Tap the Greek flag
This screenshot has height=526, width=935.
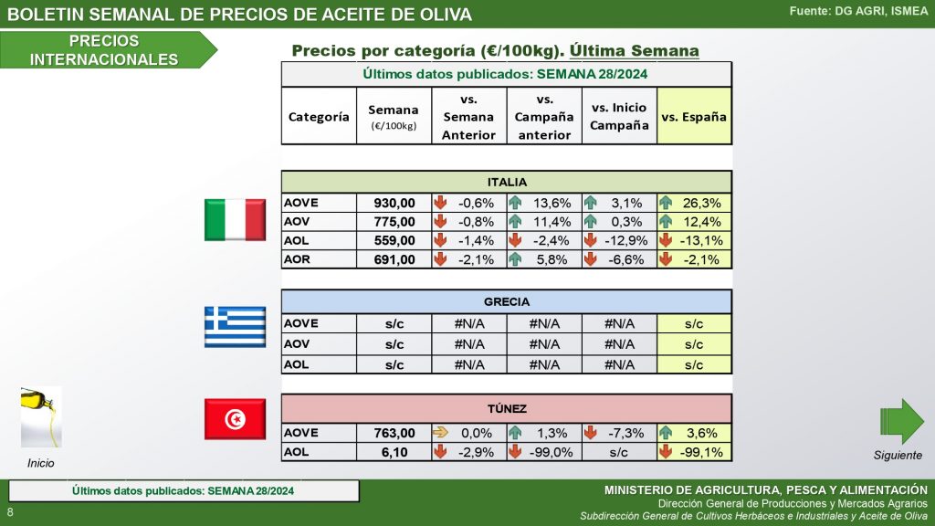point(234,327)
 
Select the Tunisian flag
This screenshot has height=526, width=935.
point(234,419)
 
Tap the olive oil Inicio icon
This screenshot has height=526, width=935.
point(40,416)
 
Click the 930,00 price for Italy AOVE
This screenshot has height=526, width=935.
point(394,203)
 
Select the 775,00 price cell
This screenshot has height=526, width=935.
point(394,222)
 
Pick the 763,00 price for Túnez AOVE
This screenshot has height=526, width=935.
point(394,433)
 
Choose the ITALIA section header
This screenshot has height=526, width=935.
point(506,182)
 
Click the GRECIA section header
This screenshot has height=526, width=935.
point(506,301)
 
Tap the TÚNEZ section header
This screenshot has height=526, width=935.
point(506,408)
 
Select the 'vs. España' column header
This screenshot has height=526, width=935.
point(694,117)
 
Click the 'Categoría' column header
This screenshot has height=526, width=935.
point(318,117)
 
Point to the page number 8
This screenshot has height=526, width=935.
point(10,511)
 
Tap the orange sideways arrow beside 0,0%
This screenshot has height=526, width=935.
point(440,433)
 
